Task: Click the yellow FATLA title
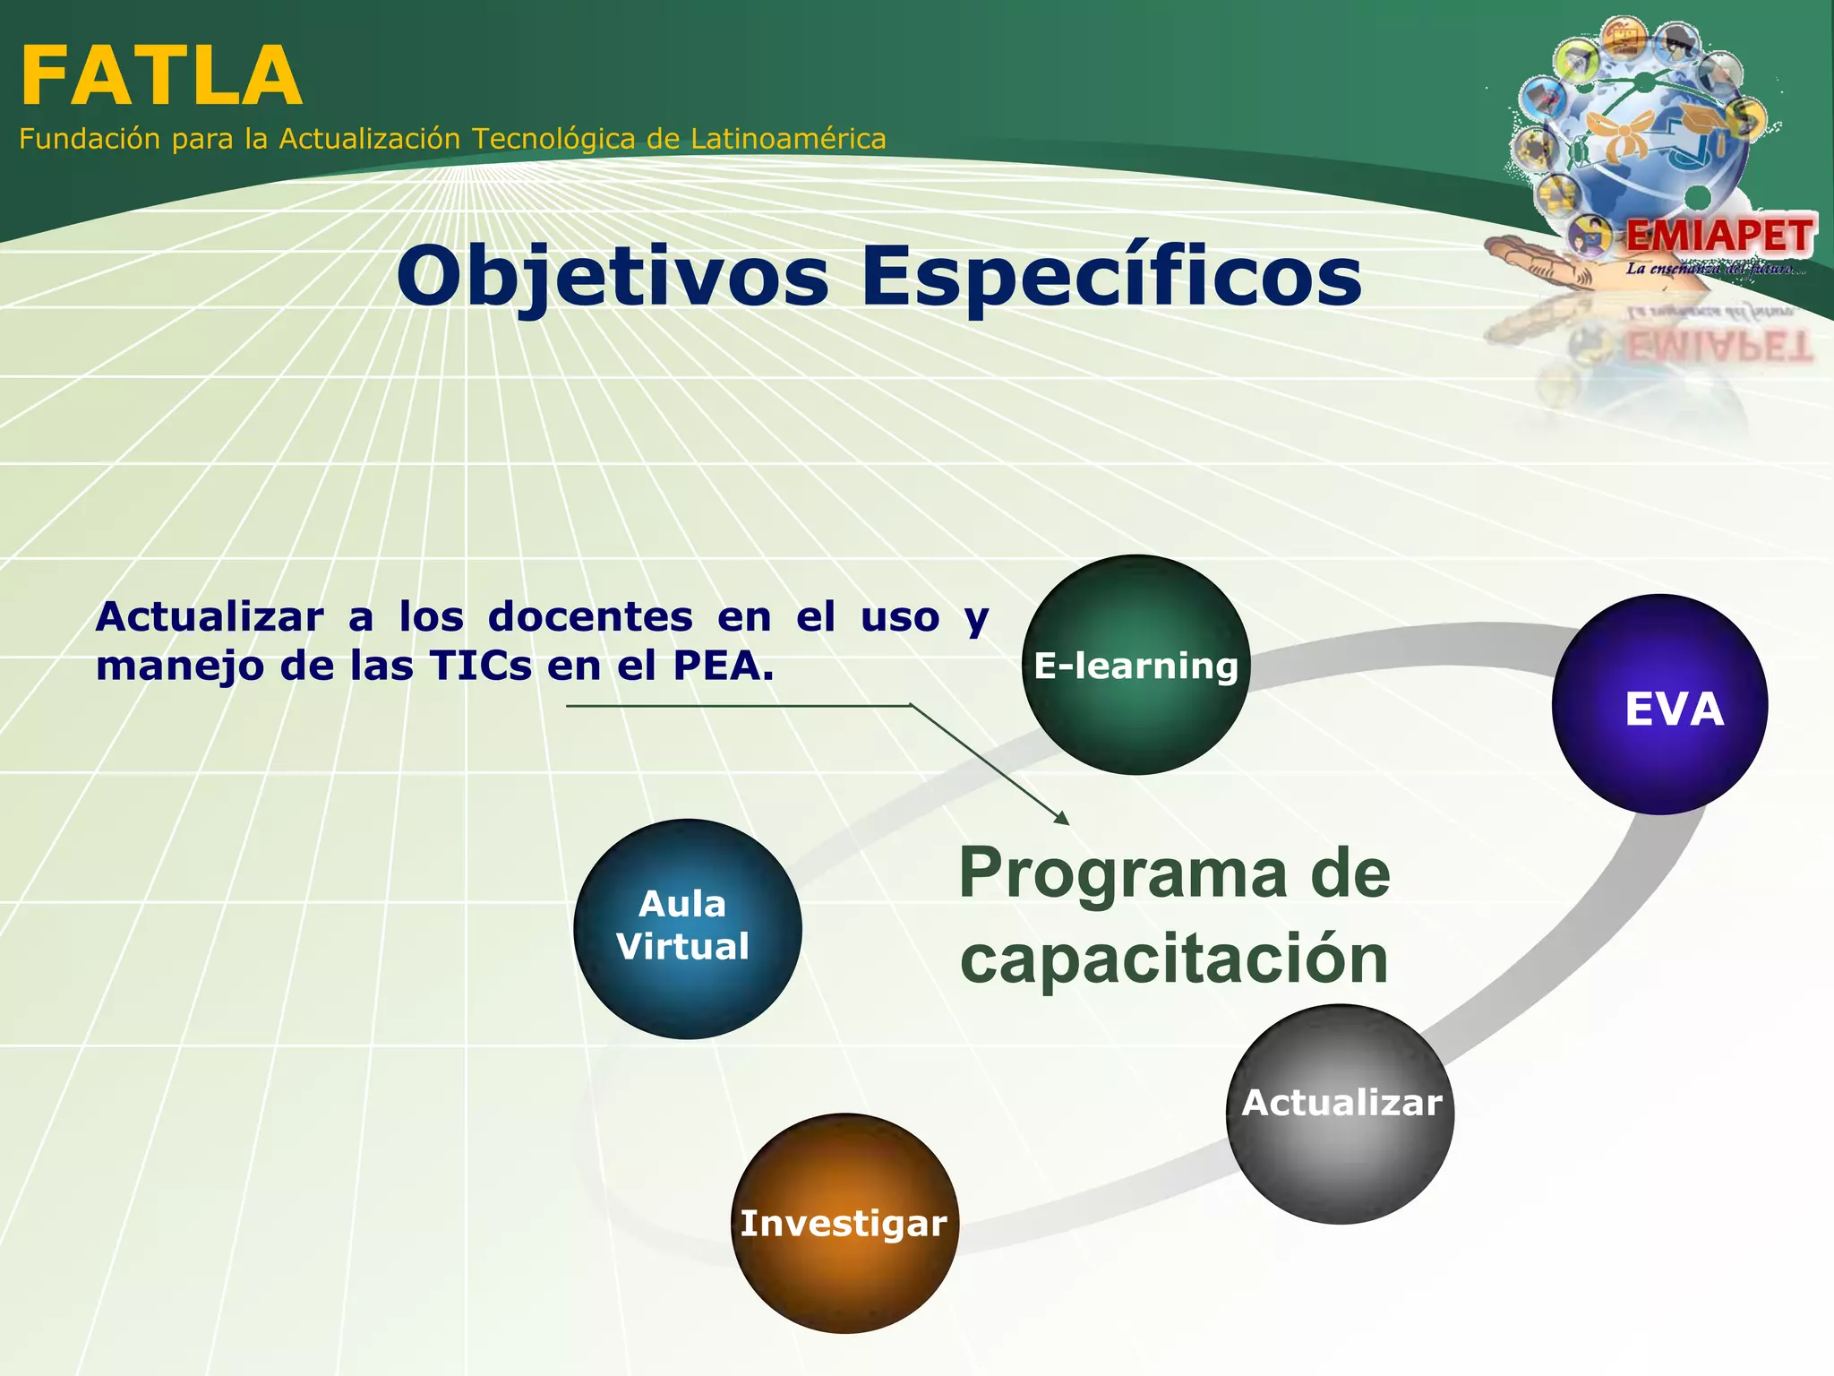tap(161, 77)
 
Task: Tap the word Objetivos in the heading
tap(613, 276)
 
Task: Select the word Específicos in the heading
tap(1110, 276)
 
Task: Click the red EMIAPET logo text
tap(1719, 236)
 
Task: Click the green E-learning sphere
tap(1136, 665)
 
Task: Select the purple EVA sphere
tap(1659, 705)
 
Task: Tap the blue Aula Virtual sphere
tap(687, 929)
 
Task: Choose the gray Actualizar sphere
tap(1341, 1114)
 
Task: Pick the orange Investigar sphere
tap(844, 1224)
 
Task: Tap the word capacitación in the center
tap(1173, 959)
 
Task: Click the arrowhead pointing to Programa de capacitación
tap(1063, 819)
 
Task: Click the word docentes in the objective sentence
tap(590, 616)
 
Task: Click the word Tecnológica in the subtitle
tap(554, 139)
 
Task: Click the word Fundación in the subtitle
tap(90, 139)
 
